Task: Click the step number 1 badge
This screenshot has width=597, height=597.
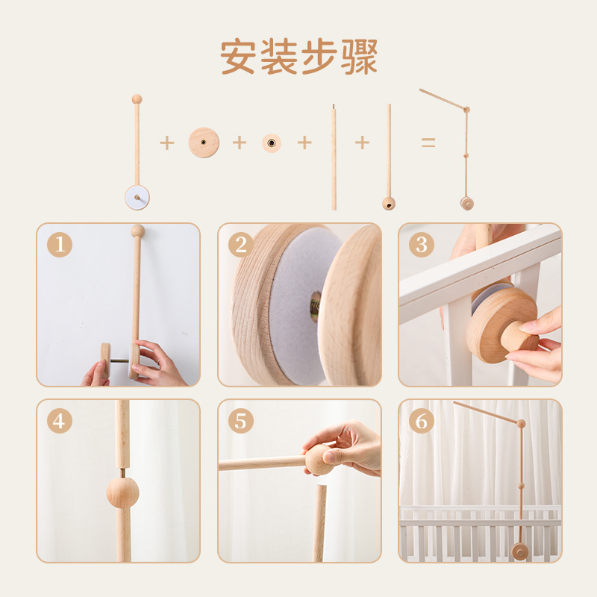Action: click(x=60, y=245)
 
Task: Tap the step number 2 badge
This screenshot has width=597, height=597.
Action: click(x=241, y=245)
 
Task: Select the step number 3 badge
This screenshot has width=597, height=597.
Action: click(x=422, y=245)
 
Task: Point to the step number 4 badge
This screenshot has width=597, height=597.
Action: click(x=60, y=421)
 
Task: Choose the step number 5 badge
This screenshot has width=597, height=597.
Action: click(x=241, y=421)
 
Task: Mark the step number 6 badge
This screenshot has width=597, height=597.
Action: click(x=422, y=421)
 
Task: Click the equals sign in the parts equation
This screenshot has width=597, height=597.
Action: click(x=428, y=143)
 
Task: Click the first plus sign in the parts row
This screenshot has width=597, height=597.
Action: click(x=166, y=143)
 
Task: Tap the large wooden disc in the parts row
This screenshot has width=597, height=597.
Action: click(x=204, y=142)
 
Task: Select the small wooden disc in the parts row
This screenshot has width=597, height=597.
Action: click(x=272, y=143)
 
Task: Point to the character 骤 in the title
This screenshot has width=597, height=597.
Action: click(x=359, y=57)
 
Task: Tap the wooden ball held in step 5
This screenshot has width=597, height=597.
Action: click(x=319, y=460)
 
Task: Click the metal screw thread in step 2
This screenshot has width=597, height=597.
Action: click(x=316, y=306)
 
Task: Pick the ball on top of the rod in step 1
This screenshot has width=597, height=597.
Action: click(x=137, y=231)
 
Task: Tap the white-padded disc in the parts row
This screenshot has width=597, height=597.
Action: click(x=137, y=197)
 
